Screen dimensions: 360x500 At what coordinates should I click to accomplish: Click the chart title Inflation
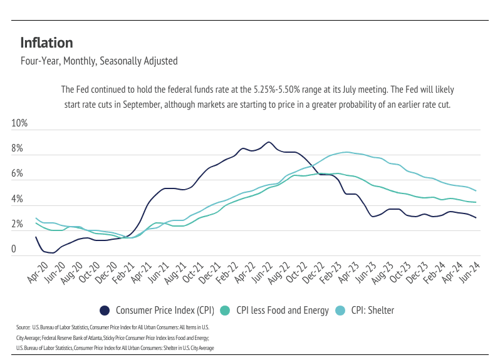point(46,43)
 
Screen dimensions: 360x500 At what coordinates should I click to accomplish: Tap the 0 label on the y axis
point(14,250)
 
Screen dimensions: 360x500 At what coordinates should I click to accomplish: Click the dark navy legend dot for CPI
point(105,310)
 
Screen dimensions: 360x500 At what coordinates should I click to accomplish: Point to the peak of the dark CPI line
point(269,142)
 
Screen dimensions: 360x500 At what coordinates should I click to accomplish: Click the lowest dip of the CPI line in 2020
point(53,253)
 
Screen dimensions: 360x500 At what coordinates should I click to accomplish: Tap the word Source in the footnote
point(23,327)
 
